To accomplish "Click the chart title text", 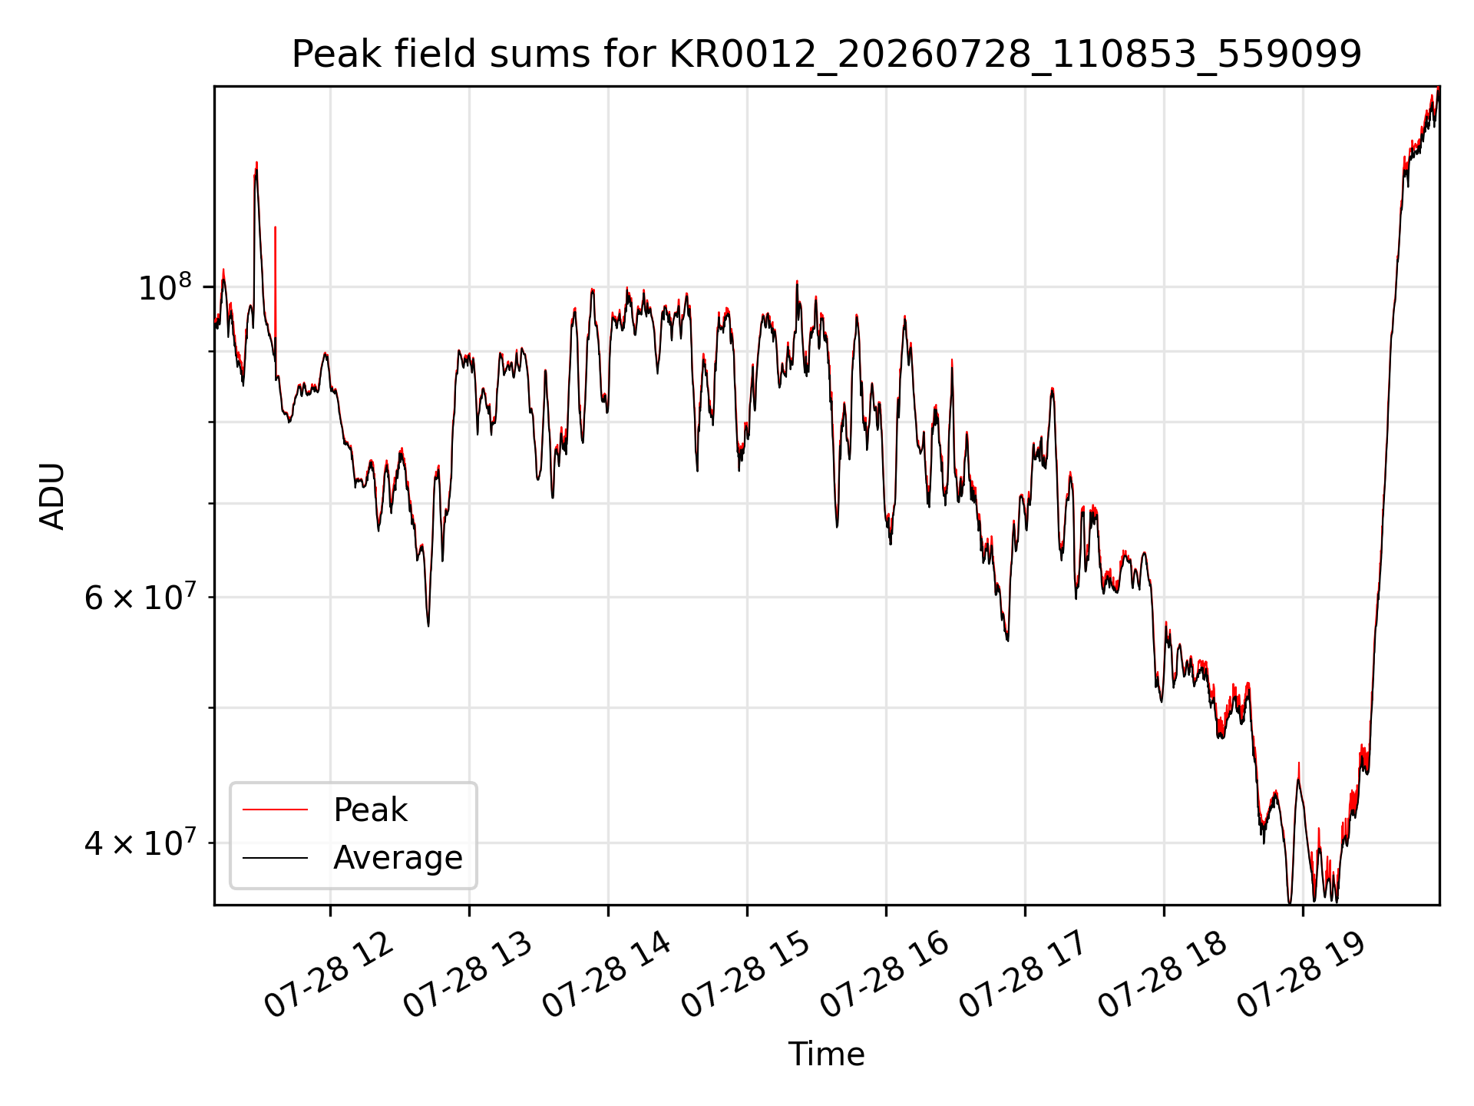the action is coord(827,55).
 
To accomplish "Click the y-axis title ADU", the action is coord(52,496).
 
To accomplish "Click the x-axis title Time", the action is coord(827,1055).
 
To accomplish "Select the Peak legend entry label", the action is coord(370,810).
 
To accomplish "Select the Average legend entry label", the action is coord(398,858).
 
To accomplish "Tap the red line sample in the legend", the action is coord(275,810).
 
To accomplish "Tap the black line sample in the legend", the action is coord(275,858).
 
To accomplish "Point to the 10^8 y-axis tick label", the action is coord(164,288).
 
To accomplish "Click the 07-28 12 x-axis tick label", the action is coord(329,974).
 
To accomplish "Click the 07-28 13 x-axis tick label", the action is coord(468,974).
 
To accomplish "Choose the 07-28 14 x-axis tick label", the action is coord(606,974).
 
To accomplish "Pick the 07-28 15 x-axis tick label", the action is coord(745,974).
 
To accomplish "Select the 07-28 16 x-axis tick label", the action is coord(884,974).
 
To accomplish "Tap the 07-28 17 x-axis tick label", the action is coord(1023,974).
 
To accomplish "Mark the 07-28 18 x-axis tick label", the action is coord(1162,974).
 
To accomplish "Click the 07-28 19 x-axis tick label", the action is coord(1301,974).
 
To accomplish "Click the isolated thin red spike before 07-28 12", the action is coord(276,292).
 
